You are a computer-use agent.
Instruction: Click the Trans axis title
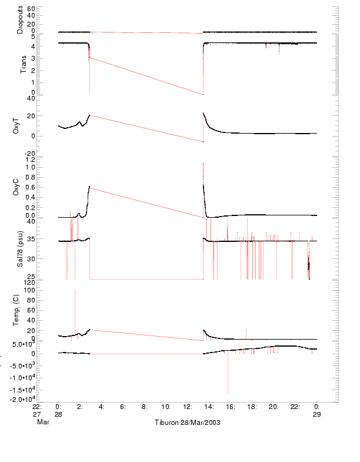pyautogui.click(x=24, y=68)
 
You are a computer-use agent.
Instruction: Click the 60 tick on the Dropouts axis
pyautogui.click(x=31, y=9)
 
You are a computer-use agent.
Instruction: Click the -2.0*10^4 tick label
pyautogui.click(x=22, y=400)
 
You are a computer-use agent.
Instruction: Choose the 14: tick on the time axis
pyautogui.click(x=209, y=407)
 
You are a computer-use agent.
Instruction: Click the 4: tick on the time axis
pyautogui.click(x=101, y=407)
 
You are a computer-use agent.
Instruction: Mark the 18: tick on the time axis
pyautogui.click(x=252, y=407)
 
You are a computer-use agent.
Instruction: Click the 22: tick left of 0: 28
pyautogui.click(x=37, y=407)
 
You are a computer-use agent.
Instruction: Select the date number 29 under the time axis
pyautogui.click(x=316, y=414)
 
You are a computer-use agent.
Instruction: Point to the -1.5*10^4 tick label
pyautogui.click(x=22, y=389)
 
